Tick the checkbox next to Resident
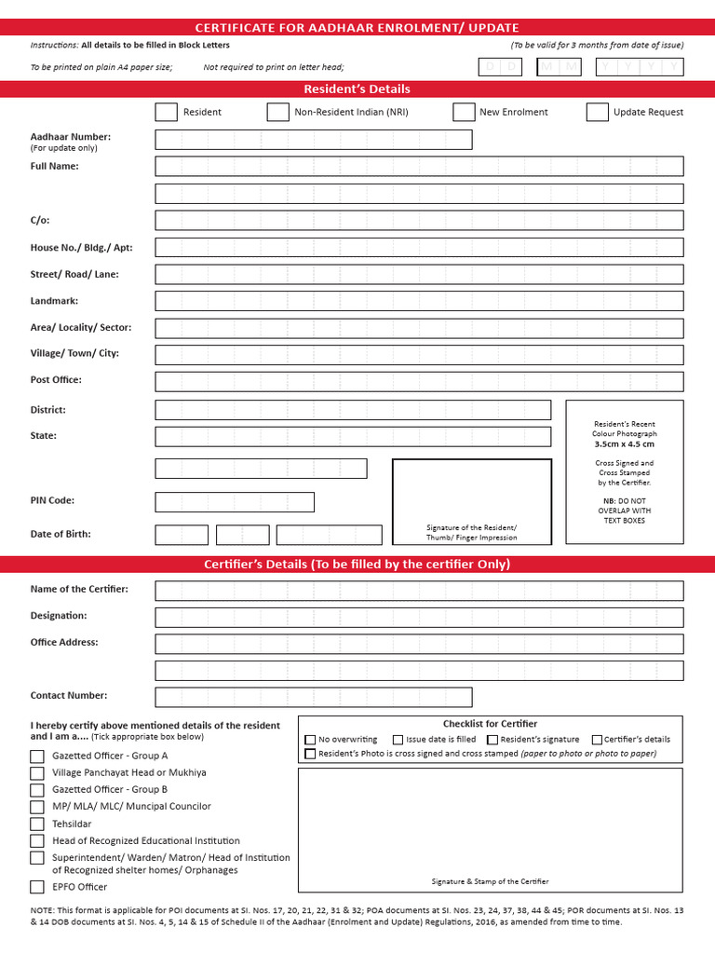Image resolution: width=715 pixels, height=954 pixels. click(x=166, y=112)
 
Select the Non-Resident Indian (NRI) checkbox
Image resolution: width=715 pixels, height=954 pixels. click(x=277, y=112)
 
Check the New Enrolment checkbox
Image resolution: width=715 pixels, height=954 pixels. click(x=464, y=112)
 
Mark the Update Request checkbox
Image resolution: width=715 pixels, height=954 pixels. click(x=598, y=112)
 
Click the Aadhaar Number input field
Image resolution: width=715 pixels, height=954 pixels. click(x=314, y=140)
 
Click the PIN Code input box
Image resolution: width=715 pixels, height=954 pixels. click(x=235, y=502)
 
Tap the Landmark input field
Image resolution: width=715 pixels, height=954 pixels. click(x=419, y=301)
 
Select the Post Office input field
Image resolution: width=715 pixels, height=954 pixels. click(x=419, y=381)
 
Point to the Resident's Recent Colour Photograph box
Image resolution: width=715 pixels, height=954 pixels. click(x=625, y=471)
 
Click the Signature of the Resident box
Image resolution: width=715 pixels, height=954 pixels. click(x=471, y=501)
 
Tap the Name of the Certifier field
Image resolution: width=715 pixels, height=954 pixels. click(x=419, y=591)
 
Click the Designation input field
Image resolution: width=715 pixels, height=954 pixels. click(x=419, y=617)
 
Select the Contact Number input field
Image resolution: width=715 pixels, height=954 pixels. click(x=314, y=697)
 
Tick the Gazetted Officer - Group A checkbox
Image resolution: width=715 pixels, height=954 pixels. click(x=37, y=756)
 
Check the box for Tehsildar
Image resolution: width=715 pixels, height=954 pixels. click(x=37, y=824)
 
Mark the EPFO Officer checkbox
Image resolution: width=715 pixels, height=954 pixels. click(x=37, y=887)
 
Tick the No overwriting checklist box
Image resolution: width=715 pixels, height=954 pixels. click(x=310, y=740)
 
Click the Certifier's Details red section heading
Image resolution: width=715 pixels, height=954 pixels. click(x=357, y=565)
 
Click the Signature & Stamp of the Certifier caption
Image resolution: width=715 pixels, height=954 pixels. click(x=490, y=881)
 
